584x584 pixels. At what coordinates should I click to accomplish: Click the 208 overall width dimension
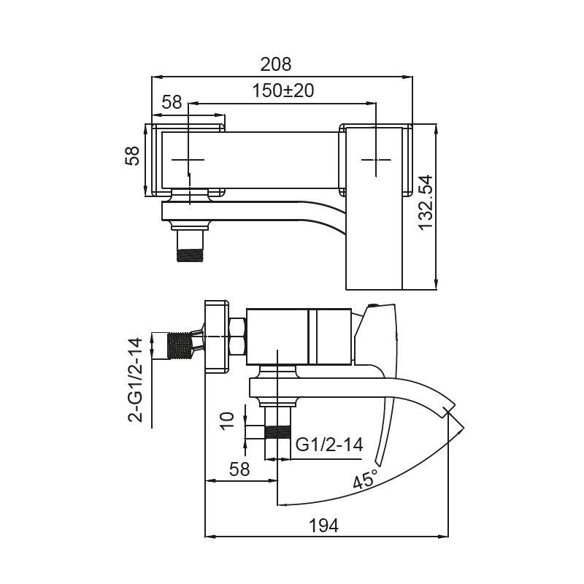click(276, 64)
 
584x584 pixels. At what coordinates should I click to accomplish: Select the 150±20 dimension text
click(283, 91)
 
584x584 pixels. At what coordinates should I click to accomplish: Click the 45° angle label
click(365, 480)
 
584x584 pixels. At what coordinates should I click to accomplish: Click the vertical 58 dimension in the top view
click(133, 156)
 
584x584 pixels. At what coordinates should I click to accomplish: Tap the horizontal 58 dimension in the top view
click(172, 103)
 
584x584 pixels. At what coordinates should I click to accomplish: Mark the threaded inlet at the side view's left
click(180, 346)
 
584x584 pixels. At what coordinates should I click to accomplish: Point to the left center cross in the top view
click(188, 159)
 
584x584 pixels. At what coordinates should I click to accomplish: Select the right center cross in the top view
click(376, 158)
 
